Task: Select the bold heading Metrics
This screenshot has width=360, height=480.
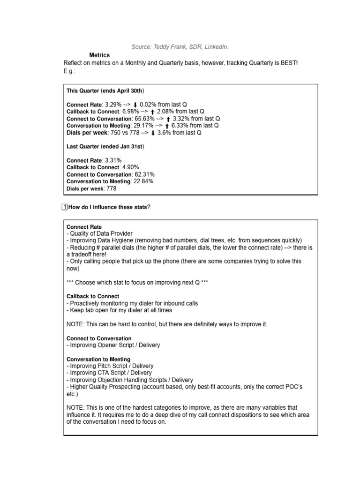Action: tap(99, 55)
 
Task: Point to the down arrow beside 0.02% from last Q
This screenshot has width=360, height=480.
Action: tap(135, 105)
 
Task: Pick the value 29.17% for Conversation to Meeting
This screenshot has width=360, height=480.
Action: tap(143, 126)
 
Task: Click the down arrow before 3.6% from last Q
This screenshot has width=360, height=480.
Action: tap(153, 133)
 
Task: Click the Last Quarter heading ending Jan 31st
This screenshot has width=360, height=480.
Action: tap(105, 147)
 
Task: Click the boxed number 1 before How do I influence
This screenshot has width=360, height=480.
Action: tap(65, 207)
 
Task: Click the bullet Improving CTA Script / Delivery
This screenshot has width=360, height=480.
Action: tap(109, 373)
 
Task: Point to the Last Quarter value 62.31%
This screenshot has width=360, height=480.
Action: tap(144, 174)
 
